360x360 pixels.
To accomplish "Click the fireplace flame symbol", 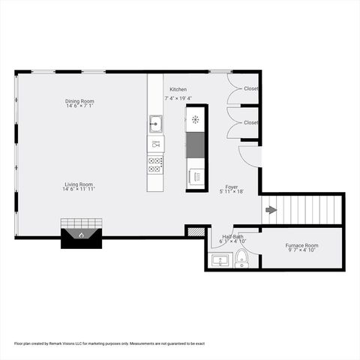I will coord(81,235).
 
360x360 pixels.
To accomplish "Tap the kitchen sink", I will coord(155,121).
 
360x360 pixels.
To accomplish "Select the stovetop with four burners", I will coord(155,163).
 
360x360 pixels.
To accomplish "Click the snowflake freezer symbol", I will coord(196,118).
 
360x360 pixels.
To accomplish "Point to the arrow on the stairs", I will coord(271,210).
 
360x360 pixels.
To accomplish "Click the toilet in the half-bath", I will coord(241,259).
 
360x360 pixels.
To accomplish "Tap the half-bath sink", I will coord(219,261).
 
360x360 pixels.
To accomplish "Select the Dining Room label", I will coord(79,101).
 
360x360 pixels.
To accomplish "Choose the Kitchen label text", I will coord(178,89).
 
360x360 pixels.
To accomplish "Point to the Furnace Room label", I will coord(301,245).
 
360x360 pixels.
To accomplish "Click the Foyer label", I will coord(232,187).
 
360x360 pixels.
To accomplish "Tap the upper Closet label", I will coord(250,89).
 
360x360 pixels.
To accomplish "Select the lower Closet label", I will coord(250,122).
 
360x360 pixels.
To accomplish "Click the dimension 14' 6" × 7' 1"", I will coord(79,106).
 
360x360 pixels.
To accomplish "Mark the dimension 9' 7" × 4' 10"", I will coord(301,250).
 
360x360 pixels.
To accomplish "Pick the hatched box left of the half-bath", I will coord(195,232).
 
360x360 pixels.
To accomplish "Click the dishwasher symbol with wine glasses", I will coord(155,142).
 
